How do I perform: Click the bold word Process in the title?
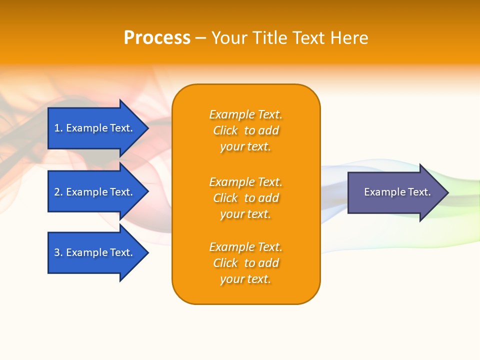(x=157, y=38)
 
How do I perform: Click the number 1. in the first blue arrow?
(x=58, y=128)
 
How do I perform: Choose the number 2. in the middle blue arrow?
(x=58, y=192)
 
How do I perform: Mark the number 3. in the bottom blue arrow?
(x=58, y=252)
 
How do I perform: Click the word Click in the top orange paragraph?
(x=225, y=130)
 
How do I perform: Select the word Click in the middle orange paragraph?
(x=225, y=198)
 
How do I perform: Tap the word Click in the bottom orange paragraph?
(x=225, y=263)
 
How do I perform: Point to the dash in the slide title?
(x=200, y=38)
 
